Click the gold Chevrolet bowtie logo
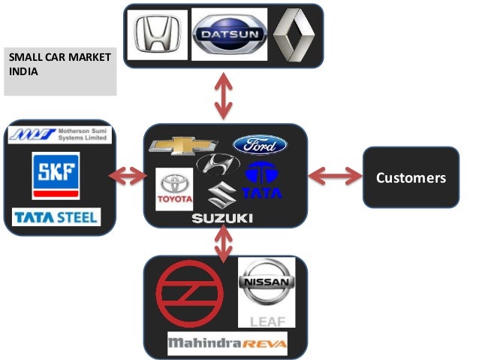[183, 146]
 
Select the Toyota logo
[174, 189]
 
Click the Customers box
[410, 178]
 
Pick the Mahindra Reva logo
[226, 345]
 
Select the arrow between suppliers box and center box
[128, 177]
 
